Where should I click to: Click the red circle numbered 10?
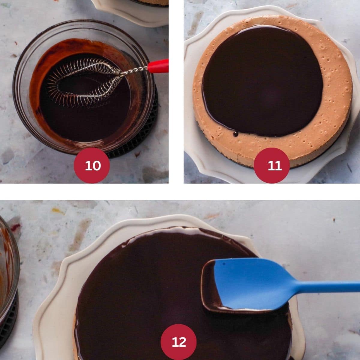[92, 165]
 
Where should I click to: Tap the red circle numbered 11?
[272, 165]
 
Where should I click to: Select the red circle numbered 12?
[178, 342]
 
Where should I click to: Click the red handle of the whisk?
[158, 66]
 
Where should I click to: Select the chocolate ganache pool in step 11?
[261, 81]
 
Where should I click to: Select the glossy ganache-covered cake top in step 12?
[144, 285]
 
